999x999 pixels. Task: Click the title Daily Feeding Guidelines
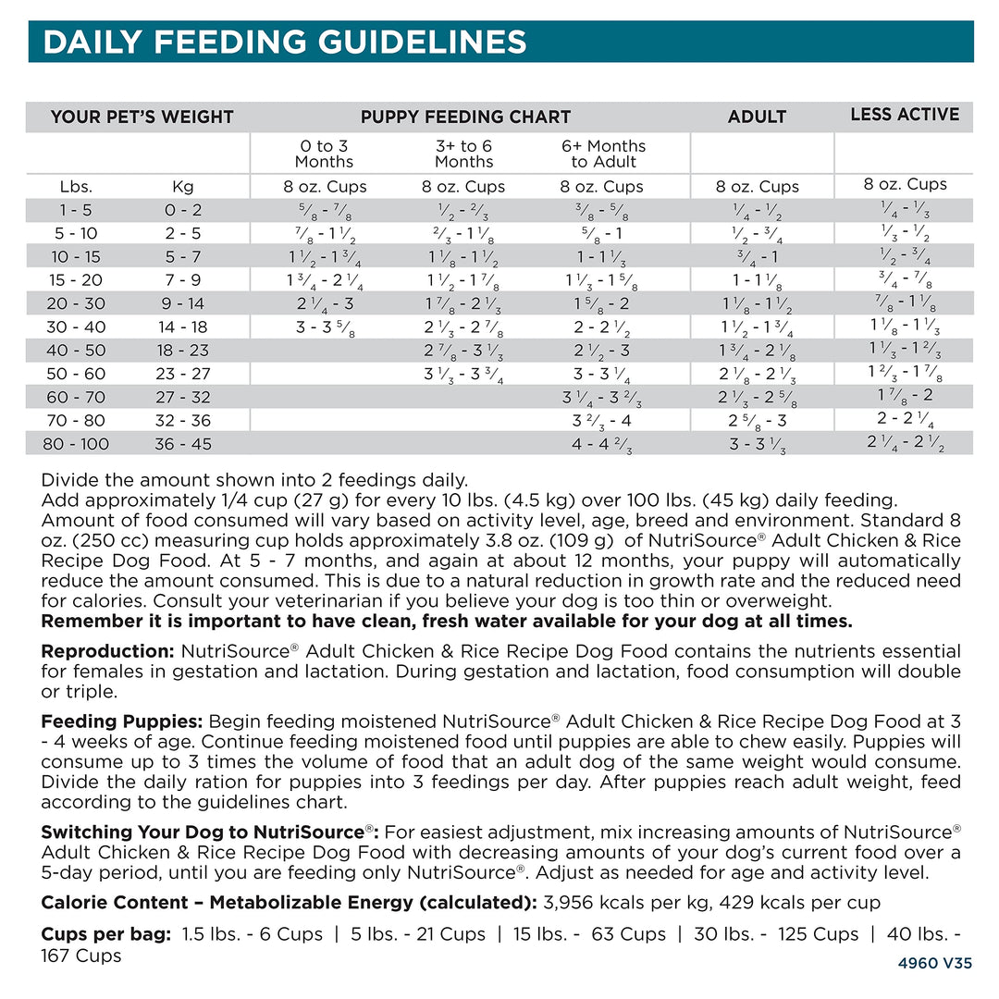point(285,42)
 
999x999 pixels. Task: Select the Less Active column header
point(905,115)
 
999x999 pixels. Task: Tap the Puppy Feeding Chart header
point(465,117)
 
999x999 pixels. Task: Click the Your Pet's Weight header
point(142,117)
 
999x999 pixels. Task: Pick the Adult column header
point(757,117)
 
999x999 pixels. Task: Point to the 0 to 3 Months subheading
point(324,154)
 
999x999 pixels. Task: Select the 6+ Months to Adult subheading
point(603,154)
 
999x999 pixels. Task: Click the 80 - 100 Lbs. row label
point(76,444)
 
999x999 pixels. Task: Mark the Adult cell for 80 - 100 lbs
point(757,444)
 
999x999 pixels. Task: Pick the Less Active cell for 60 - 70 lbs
point(905,395)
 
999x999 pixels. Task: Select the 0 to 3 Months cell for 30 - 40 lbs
point(323,327)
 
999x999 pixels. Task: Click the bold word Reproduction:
point(108,651)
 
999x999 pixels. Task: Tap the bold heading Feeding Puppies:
point(122,721)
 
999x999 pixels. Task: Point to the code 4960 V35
point(934,963)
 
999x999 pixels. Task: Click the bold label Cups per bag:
point(106,934)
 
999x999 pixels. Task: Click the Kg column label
point(183,186)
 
